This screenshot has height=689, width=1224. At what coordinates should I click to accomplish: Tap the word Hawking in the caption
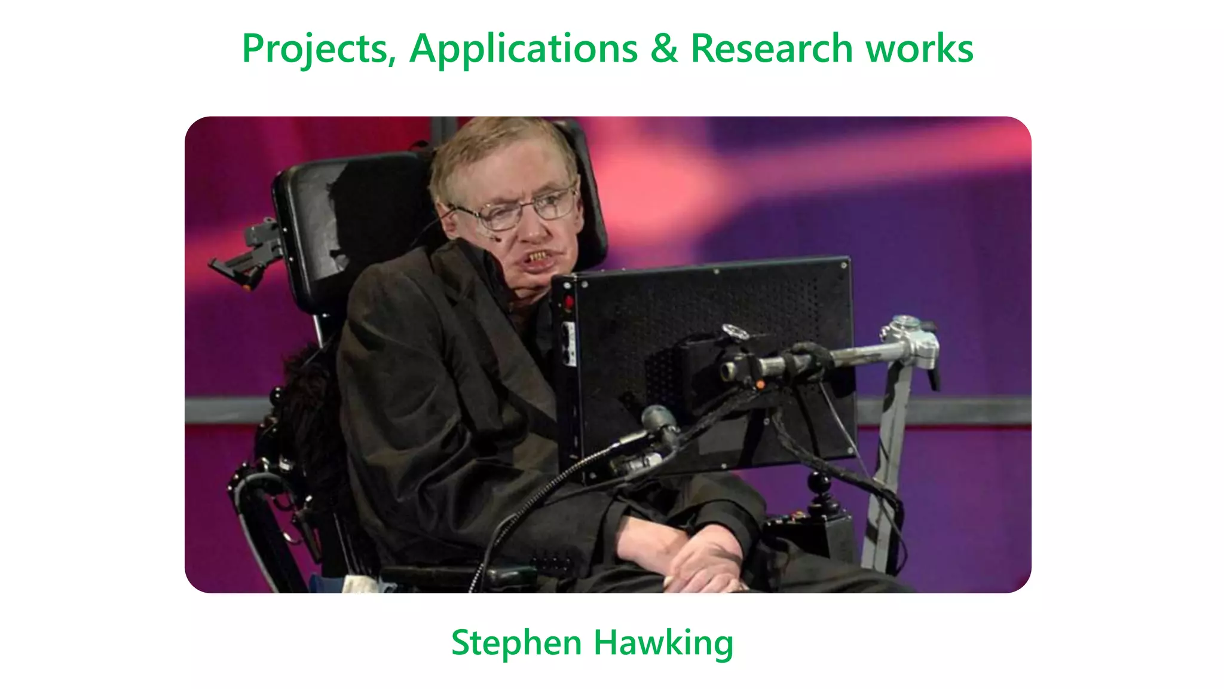click(x=663, y=644)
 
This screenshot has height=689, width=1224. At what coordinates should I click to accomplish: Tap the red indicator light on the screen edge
click(x=568, y=302)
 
